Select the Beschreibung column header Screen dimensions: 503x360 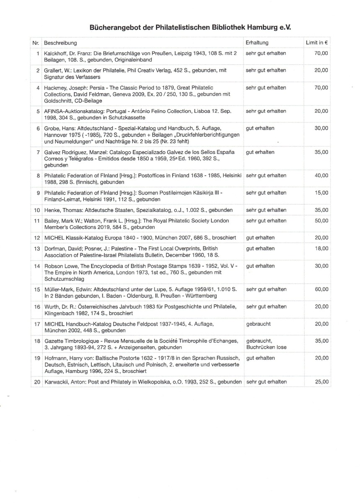(x=60, y=43)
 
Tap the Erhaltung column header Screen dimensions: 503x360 (x=257, y=43)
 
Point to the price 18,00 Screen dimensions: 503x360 (x=321, y=249)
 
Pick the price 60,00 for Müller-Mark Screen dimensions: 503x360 (x=321, y=290)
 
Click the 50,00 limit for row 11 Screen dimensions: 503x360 (x=321, y=220)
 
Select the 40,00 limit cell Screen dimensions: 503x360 (x=321, y=175)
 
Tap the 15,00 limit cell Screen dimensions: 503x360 (x=321, y=193)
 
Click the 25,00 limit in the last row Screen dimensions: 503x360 (x=321, y=382)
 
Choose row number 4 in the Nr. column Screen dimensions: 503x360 (x=38, y=88)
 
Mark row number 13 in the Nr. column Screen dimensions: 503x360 (x=37, y=249)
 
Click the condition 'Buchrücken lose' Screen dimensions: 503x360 (x=267, y=347)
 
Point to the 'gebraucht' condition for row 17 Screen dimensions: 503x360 (x=258, y=324)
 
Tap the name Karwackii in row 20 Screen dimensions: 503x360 (x=57, y=382)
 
